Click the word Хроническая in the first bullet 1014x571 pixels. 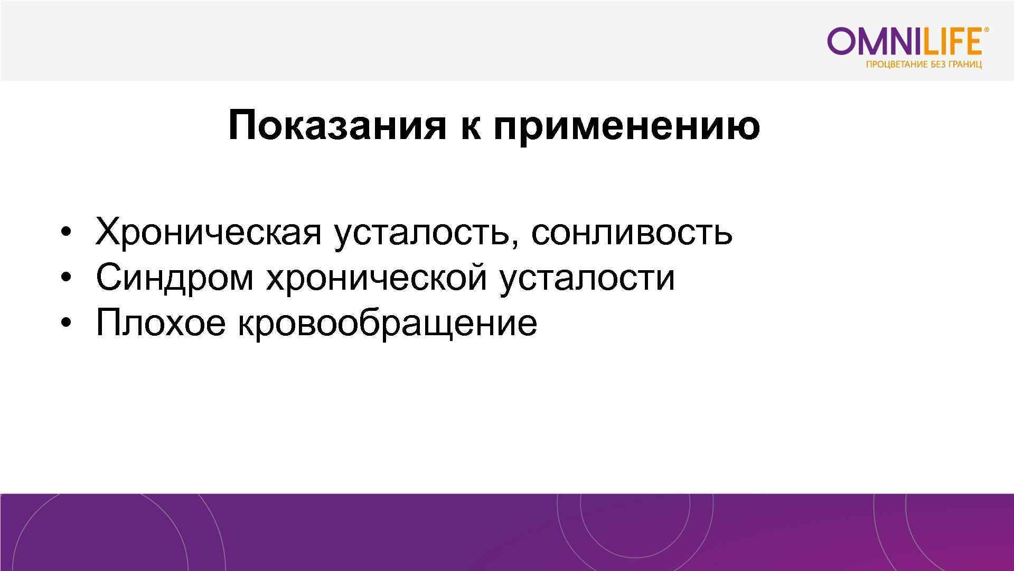(x=208, y=232)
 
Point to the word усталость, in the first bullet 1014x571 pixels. (x=426, y=232)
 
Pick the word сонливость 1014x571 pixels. (x=632, y=232)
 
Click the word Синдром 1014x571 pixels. (x=174, y=277)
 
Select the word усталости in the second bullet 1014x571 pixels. (x=587, y=277)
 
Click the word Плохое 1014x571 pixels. (x=160, y=322)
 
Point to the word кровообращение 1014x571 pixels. (x=387, y=323)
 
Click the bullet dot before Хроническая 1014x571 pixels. (x=65, y=233)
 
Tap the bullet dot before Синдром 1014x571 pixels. (x=65, y=278)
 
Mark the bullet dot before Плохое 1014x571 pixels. (x=65, y=323)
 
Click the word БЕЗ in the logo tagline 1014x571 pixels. (x=939, y=65)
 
